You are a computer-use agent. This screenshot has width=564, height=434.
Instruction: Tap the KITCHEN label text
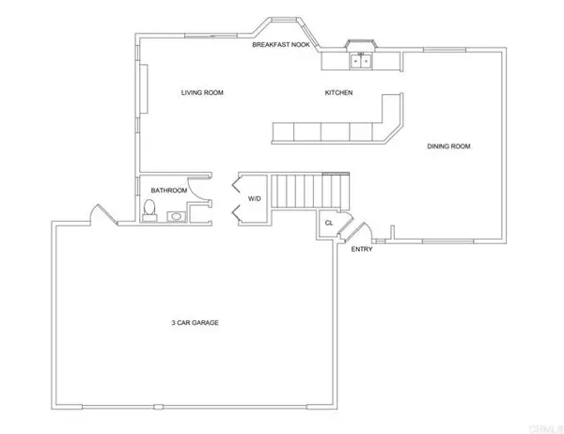click(x=338, y=93)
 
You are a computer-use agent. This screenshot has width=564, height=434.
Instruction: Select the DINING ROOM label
click(x=448, y=146)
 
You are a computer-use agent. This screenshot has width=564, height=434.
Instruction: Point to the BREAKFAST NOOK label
click(x=281, y=44)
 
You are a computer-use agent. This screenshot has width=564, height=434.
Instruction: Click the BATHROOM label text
click(x=169, y=191)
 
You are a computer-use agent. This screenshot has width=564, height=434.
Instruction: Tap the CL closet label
click(x=329, y=223)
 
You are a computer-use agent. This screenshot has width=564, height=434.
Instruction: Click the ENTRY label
click(x=361, y=250)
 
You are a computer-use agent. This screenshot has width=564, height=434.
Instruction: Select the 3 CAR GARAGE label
click(x=196, y=322)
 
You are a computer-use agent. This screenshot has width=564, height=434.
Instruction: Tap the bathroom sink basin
click(x=177, y=216)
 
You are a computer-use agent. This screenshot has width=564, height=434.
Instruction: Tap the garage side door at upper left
click(x=98, y=215)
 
